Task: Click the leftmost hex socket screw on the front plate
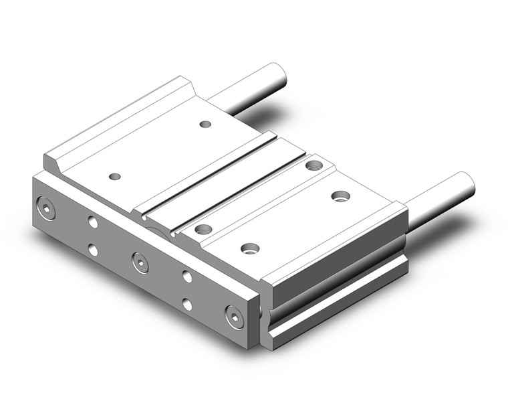[x=47, y=208]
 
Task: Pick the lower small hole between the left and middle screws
[x=93, y=250]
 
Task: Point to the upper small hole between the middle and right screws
[x=187, y=276]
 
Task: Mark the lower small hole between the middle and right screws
[x=187, y=305]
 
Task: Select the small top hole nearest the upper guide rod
[x=205, y=124]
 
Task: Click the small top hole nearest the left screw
[x=115, y=177]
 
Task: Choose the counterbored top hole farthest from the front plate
[x=313, y=165]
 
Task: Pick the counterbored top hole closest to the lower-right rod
[x=340, y=196]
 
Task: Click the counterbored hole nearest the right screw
[x=250, y=248]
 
